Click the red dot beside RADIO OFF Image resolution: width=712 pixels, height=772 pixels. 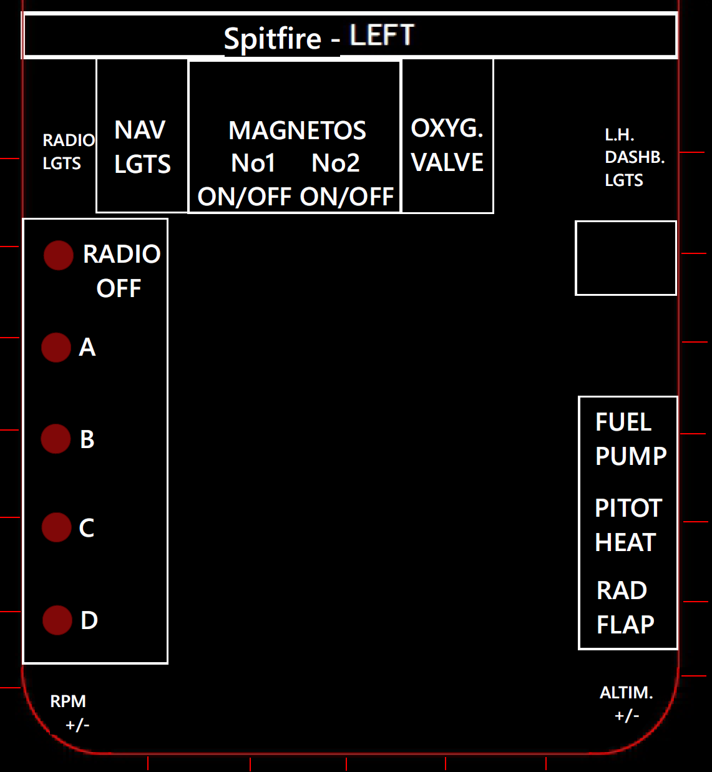[x=59, y=255]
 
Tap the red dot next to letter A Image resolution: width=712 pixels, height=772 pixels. [x=56, y=347]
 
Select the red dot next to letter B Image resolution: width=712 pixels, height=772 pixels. [x=56, y=439]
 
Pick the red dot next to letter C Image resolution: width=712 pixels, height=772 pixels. [x=57, y=527]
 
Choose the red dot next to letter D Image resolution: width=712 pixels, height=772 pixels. [x=57, y=620]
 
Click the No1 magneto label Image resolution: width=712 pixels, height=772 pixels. [x=253, y=164]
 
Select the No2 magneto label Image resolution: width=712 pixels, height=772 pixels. [x=336, y=164]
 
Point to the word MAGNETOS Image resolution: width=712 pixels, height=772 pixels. [x=297, y=131]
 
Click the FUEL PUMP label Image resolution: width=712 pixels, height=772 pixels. [x=630, y=439]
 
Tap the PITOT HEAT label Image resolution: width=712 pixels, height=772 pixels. [x=627, y=525]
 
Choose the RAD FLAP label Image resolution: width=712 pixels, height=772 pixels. [x=625, y=607]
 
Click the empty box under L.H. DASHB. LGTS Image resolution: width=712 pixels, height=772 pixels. [x=625, y=258]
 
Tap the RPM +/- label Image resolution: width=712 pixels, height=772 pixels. [x=70, y=713]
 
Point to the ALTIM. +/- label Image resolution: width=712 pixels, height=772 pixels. [x=627, y=704]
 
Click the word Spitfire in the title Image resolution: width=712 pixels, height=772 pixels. [x=273, y=39]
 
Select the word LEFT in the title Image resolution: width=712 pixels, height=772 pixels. [x=382, y=36]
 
